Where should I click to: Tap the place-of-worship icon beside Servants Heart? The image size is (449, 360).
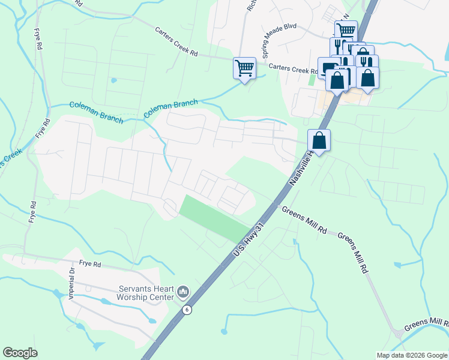point(183,292)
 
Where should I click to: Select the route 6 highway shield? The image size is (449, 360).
point(187,310)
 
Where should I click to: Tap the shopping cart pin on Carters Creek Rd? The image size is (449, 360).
point(244,68)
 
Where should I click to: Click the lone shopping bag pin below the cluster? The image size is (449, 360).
point(319,141)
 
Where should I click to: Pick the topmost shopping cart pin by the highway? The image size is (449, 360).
point(346,30)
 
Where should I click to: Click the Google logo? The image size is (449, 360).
point(20,353)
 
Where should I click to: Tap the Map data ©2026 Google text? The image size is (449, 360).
point(412,355)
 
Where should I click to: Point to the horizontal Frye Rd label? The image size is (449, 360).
point(89,263)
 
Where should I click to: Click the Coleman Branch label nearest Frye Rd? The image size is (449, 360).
point(96,112)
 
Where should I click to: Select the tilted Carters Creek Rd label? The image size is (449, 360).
point(176,41)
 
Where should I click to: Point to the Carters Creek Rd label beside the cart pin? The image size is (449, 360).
point(292,70)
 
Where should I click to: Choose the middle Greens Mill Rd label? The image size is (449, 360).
point(352,252)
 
